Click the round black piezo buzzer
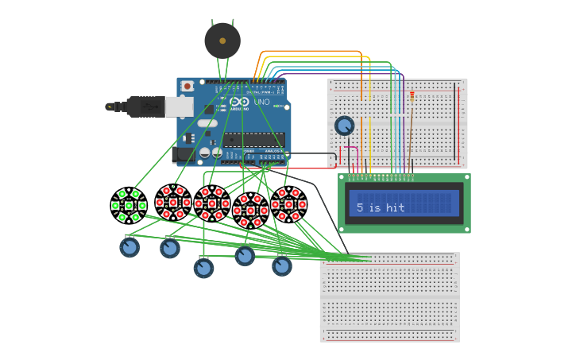[222, 41]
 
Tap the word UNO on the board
[261, 103]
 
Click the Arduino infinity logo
[239, 103]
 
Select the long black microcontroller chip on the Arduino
[253, 140]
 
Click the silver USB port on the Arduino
[179, 106]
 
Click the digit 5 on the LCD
[360, 207]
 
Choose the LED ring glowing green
[129, 206]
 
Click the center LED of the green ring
[129, 206]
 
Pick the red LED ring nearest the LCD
[288, 204]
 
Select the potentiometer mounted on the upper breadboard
[344, 126]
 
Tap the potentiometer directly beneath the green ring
[130, 247]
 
